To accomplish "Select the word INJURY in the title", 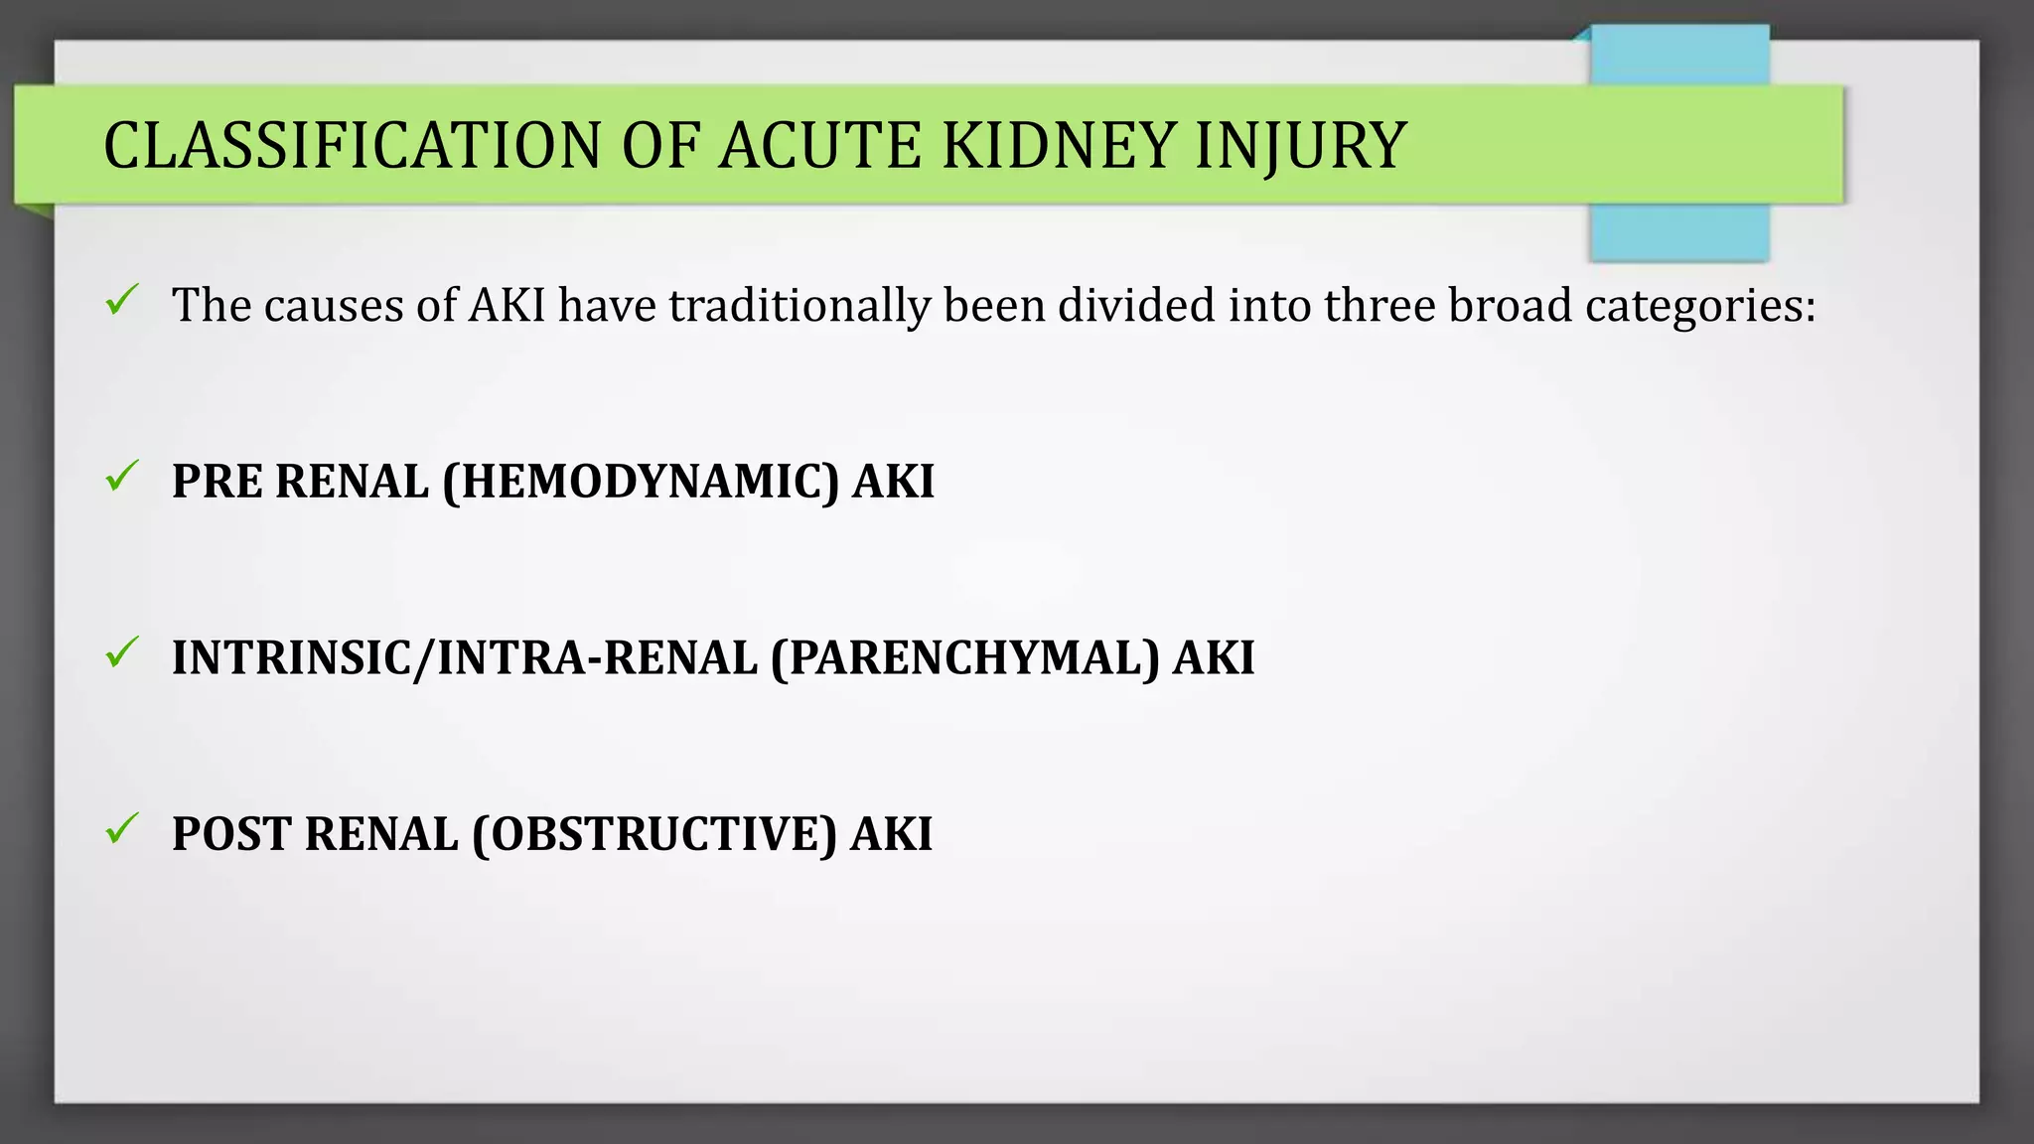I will coord(1300,146).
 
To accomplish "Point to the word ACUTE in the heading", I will coord(820,146).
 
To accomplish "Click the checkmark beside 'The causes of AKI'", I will coord(121,300).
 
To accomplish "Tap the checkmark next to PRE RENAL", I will coord(121,477).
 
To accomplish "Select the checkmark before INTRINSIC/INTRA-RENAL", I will coord(121,652).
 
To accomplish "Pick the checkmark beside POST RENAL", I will coord(121,828).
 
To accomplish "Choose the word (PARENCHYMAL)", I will coord(964,658).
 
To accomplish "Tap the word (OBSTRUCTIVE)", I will coord(654,834).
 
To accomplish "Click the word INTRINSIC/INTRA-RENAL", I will coord(464,658).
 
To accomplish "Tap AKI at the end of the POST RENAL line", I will coord(891,834).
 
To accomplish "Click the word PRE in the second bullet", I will coord(218,482).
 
